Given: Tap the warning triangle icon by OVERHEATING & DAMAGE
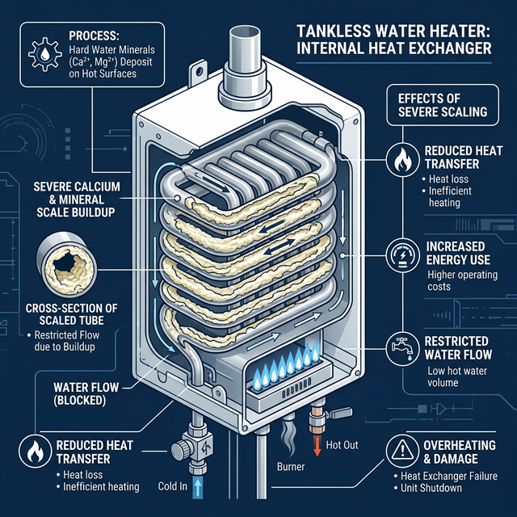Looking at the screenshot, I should click(401, 447).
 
